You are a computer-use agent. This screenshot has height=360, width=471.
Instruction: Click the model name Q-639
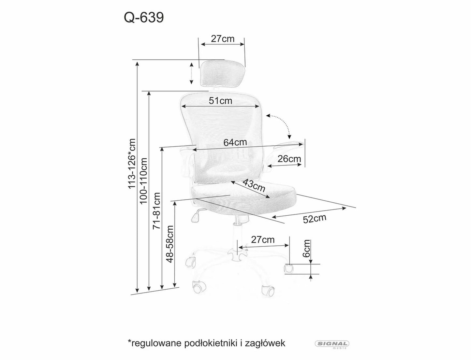[x=143, y=18]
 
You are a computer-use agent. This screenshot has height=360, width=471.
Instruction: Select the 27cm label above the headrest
[x=223, y=39]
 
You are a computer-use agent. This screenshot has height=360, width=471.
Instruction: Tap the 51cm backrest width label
[x=221, y=101]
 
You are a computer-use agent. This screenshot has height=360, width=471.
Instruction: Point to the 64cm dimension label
[x=235, y=142]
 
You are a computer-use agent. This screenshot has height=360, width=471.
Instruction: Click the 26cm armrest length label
[x=289, y=159]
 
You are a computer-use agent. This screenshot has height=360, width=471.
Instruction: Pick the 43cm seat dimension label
[x=254, y=186]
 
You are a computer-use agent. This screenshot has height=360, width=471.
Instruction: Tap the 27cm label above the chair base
[x=263, y=240]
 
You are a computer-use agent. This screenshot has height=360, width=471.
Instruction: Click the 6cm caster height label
[x=306, y=249]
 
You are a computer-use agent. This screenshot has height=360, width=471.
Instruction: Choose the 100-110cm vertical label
[x=144, y=181]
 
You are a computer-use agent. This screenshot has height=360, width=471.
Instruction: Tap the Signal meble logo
[x=332, y=344]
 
